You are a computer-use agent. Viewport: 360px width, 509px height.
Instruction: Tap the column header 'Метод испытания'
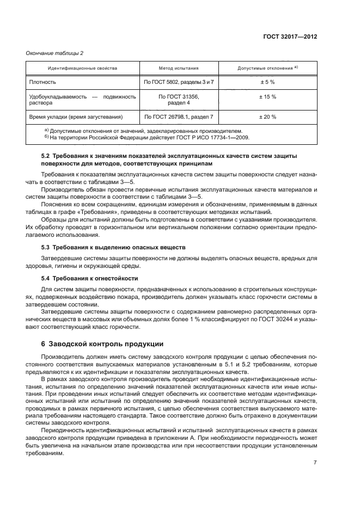point(178,69)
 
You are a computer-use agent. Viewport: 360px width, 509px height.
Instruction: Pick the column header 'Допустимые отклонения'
point(266,69)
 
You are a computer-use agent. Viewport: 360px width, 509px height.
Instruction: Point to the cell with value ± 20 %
point(267,116)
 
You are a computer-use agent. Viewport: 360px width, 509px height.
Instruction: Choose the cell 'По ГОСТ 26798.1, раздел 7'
point(178,116)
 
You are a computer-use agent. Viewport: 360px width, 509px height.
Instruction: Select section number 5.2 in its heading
point(45,156)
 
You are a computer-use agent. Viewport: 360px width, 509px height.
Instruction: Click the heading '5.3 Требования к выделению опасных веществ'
point(113,247)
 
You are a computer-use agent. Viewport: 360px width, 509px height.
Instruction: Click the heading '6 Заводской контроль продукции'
point(99,344)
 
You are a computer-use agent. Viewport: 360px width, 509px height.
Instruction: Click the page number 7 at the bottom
point(315,462)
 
